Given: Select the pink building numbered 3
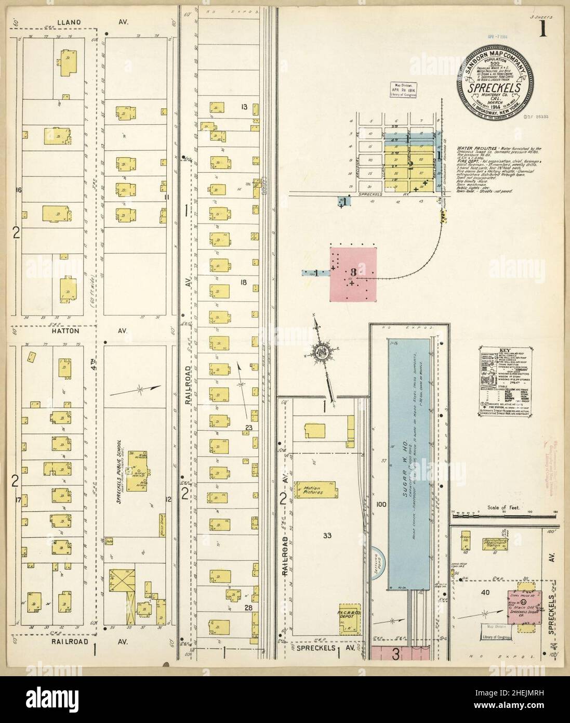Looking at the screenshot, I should [353, 273].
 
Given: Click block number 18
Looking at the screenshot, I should [243, 282].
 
